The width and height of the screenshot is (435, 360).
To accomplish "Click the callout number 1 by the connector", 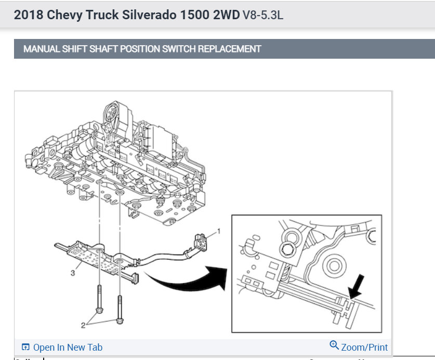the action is [x=219, y=231].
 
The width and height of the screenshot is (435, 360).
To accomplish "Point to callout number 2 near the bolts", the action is [x=83, y=325].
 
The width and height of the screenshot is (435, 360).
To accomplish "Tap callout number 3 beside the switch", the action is [x=73, y=273].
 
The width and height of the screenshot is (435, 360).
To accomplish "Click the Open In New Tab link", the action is [x=68, y=347].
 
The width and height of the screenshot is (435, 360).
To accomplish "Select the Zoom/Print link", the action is [x=364, y=347].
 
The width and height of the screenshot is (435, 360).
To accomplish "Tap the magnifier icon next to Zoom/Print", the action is [x=334, y=345].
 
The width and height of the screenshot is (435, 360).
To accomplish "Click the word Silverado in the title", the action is [x=149, y=15].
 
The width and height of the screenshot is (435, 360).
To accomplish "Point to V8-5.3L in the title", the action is [x=263, y=15].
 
